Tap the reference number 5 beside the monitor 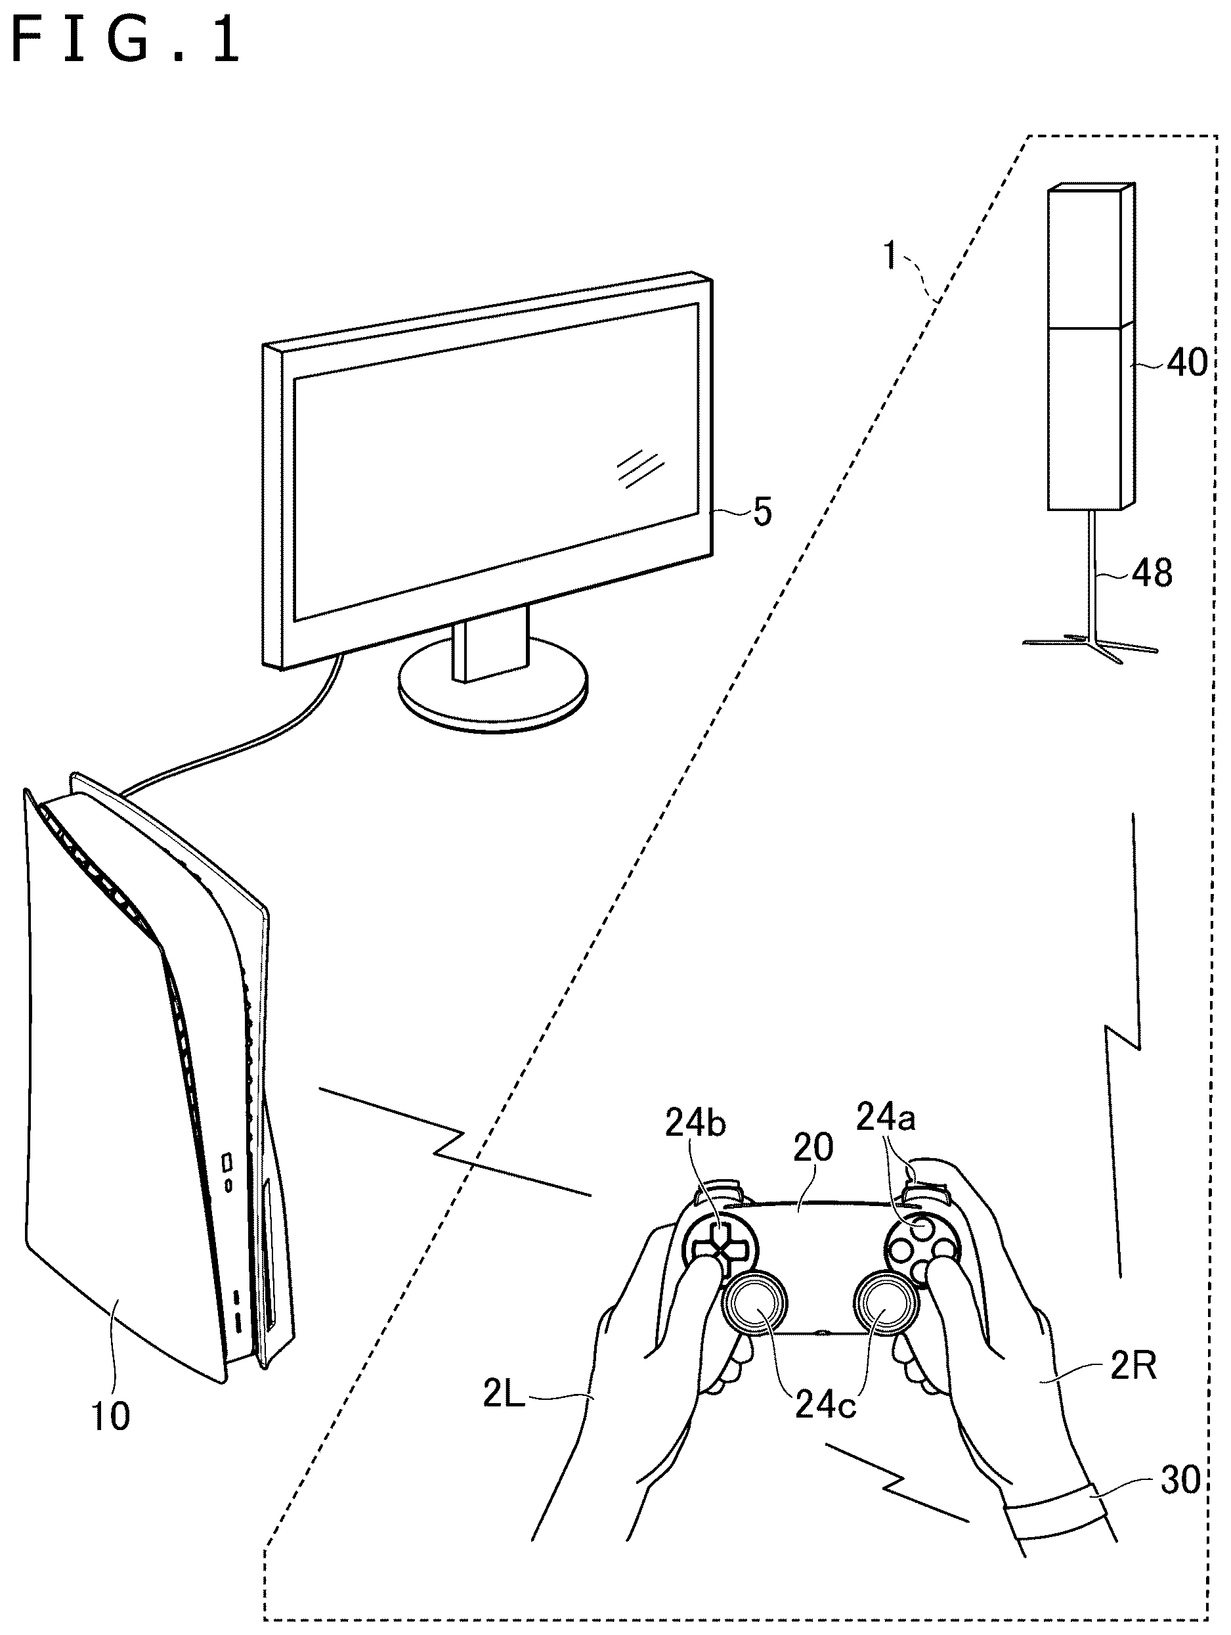(x=762, y=512)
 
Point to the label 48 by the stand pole (x=1152, y=573)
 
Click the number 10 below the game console (x=110, y=1416)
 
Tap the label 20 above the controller (x=813, y=1148)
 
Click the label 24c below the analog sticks (x=825, y=1405)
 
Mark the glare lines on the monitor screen (x=641, y=467)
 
